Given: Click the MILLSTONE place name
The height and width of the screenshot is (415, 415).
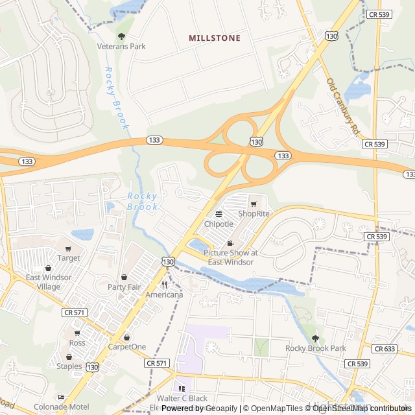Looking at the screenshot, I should (x=215, y=38).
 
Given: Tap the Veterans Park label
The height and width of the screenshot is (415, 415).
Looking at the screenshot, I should (x=121, y=47).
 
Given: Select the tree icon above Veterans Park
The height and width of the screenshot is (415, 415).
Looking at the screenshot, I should (x=121, y=36).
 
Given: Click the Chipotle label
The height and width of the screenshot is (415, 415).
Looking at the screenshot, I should (x=219, y=224).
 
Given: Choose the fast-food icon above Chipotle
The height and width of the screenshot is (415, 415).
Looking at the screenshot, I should (x=219, y=214).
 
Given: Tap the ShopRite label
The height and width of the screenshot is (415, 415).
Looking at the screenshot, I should (x=254, y=214).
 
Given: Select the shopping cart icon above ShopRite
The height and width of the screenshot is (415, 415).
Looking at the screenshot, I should (x=254, y=204).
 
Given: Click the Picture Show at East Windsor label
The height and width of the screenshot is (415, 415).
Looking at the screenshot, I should (x=230, y=257).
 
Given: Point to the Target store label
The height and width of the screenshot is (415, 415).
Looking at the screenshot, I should (x=68, y=258).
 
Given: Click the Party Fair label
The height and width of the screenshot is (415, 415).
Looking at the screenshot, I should (x=124, y=287).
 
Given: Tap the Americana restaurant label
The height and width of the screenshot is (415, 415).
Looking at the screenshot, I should (x=164, y=294).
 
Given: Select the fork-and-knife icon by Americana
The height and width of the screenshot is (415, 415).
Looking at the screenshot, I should (x=164, y=284).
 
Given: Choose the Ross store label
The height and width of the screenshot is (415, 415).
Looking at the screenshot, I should (x=77, y=343).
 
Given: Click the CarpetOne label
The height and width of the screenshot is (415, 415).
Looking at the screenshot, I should (x=127, y=347).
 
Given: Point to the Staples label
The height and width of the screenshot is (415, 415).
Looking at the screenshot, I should (x=69, y=366).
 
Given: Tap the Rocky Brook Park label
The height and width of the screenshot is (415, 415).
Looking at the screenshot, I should (x=316, y=348).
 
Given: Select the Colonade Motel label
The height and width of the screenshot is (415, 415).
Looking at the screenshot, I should (x=62, y=407).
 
